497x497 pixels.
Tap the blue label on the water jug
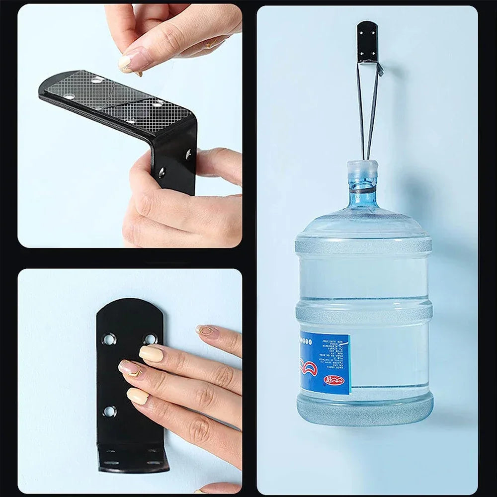point(325,363)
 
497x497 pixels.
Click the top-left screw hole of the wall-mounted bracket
point(109,339)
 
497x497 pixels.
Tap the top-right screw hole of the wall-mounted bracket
point(150,339)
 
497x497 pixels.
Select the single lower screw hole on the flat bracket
point(109,411)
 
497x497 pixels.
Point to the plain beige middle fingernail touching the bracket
point(151,353)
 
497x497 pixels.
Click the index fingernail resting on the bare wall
point(205,330)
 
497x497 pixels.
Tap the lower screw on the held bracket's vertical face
point(162,172)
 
